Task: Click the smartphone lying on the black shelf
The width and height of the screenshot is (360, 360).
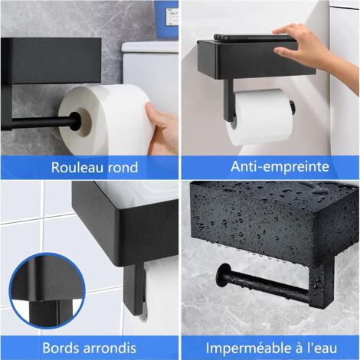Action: (253, 37)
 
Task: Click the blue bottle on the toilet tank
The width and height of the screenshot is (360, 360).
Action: (165, 14)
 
